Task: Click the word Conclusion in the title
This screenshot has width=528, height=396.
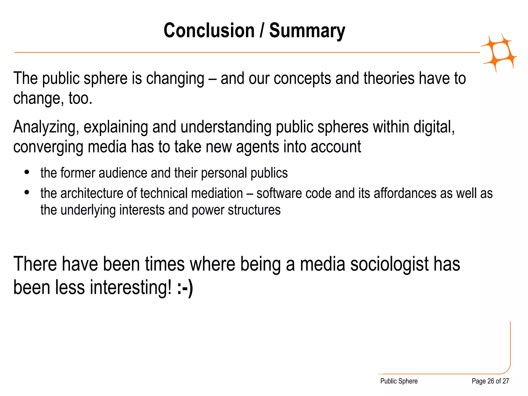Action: pos(209,30)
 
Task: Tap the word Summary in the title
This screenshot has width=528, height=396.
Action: pos(307,30)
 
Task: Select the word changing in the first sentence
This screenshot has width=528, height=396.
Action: pos(175,79)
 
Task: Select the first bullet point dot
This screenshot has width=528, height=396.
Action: pos(27,172)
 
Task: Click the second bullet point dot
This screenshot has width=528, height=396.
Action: pos(27,192)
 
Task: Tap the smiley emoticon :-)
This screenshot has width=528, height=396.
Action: pos(185,288)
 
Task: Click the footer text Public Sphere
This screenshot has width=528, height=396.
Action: pos(399,381)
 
